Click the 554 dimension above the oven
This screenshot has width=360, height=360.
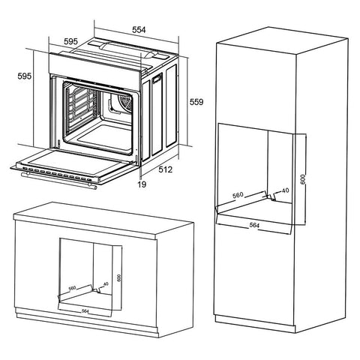(x=139, y=30)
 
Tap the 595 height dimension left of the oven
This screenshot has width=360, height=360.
(x=25, y=76)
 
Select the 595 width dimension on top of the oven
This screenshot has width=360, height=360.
(x=70, y=41)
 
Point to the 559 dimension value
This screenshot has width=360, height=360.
(x=196, y=102)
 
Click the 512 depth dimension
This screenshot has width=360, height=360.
(x=166, y=169)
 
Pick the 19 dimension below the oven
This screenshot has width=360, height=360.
(x=142, y=184)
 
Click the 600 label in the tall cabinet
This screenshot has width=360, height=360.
(x=303, y=179)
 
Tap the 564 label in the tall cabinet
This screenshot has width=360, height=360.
(x=254, y=225)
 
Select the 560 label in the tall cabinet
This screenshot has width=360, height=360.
(x=238, y=195)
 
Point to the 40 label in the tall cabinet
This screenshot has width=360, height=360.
(x=285, y=190)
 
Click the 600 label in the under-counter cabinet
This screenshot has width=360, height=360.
(x=119, y=278)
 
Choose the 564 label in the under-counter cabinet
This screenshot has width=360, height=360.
(x=85, y=311)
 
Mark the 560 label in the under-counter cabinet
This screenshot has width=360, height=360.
(x=72, y=288)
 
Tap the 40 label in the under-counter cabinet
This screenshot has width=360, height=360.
(x=106, y=284)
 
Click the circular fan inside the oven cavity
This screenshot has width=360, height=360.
(x=125, y=102)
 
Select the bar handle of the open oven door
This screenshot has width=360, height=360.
(x=59, y=180)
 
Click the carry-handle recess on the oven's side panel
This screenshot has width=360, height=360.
(x=157, y=79)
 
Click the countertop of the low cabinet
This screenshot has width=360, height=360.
(x=103, y=220)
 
